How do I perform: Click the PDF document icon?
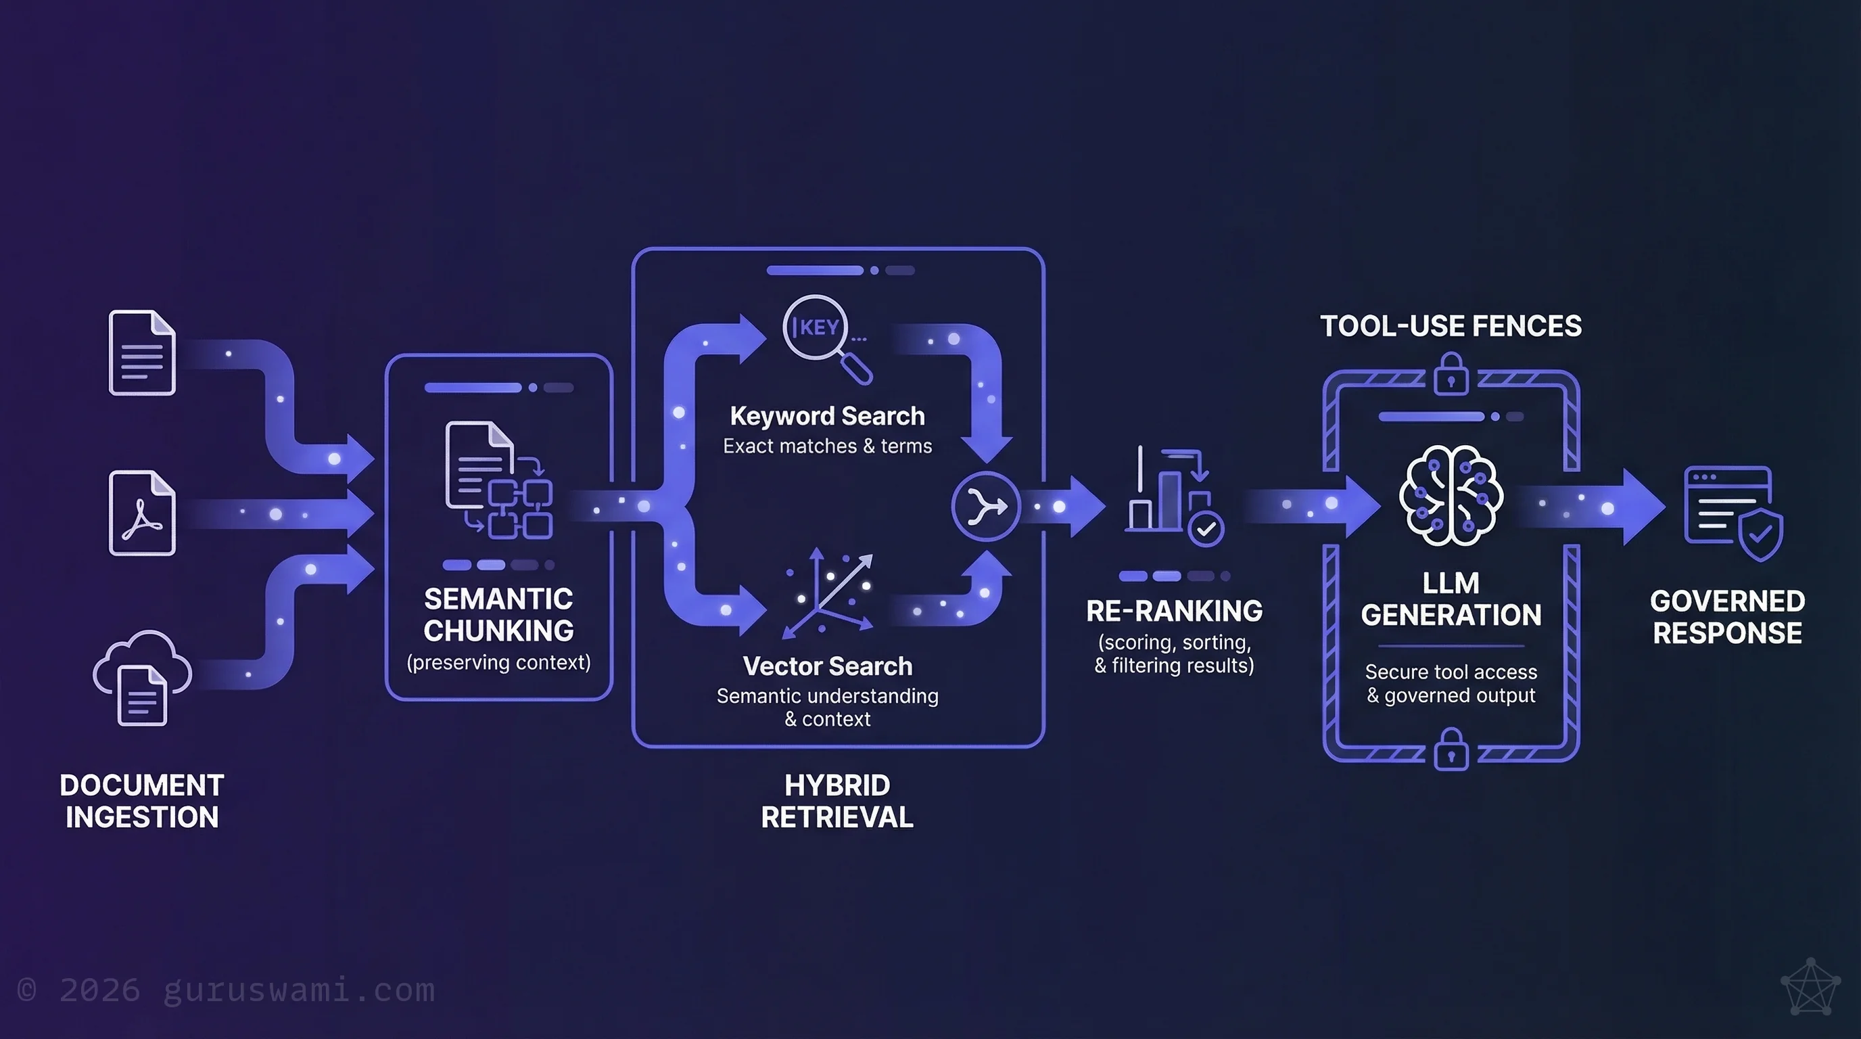tap(142, 513)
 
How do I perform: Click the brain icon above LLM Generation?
tap(1451, 496)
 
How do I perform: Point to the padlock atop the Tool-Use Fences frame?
tap(1451, 373)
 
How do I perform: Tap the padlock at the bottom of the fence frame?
tap(1451, 750)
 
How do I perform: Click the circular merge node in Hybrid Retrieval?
tap(985, 506)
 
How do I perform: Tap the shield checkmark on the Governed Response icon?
tap(1761, 534)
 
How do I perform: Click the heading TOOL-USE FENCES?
tap(1451, 326)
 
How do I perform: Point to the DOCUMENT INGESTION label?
tap(142, 802)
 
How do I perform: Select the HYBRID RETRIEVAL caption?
tap(837, 802)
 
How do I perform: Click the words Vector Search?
tap(827, 666)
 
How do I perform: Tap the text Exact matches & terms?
tap(827, 446)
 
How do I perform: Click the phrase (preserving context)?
tap(498, 662)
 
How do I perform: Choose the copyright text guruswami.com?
tap(226, 990)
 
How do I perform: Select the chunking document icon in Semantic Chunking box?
tap(498, 480)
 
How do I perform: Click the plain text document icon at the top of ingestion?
tap(142, 352)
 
